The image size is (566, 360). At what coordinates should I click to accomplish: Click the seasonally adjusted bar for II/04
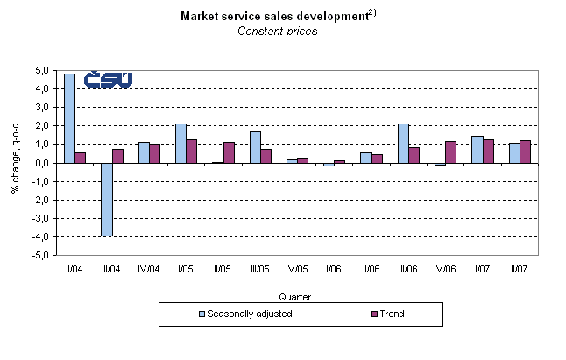pos(69,118)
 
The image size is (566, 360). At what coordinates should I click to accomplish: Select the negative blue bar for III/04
pos(106,199)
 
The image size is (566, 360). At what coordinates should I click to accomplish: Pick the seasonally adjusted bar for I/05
pos(180,143)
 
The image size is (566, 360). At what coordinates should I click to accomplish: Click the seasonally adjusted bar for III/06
pos(402,143)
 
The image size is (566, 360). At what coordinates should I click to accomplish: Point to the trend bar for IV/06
pos(450,152)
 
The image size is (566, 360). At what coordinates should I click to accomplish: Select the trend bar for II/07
pos(525,152)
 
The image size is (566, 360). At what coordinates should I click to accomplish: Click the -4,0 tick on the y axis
pos(41,237)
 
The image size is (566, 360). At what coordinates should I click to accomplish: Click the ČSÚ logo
pos(108,80)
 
